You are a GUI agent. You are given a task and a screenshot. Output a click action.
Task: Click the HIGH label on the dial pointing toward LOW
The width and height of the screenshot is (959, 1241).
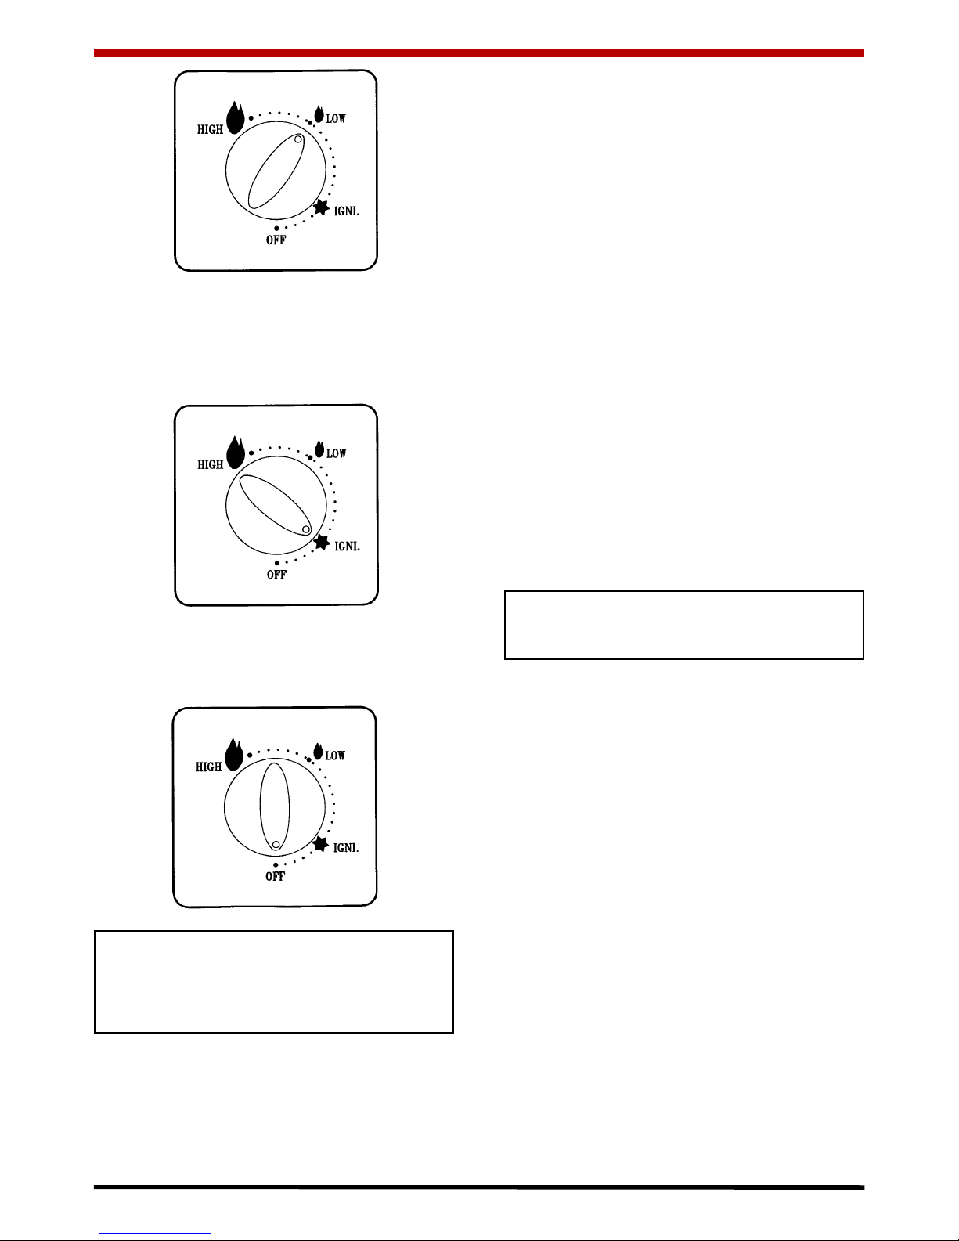[x=210, y=130]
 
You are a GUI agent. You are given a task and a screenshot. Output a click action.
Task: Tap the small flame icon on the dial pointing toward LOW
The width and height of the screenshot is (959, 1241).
[x=319, y=114]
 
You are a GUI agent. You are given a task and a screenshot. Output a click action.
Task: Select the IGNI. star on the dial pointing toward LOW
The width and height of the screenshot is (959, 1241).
[x=322, y=207]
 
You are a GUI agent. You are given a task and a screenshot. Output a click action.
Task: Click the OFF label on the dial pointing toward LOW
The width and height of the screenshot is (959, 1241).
[x=276, y=240]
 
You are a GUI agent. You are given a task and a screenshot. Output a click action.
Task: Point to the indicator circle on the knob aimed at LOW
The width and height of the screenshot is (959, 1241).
[x=298, y=139]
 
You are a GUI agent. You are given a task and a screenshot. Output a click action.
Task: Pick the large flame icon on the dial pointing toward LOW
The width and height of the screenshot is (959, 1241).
[x=235, y=117]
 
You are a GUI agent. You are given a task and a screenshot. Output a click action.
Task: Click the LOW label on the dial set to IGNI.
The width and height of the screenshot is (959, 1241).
[x=336, y=453]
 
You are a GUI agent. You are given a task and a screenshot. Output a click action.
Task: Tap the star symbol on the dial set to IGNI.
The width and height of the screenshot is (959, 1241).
[x=322, y=543]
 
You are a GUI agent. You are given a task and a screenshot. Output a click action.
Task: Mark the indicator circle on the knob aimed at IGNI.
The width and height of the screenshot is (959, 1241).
[x=306, y=530]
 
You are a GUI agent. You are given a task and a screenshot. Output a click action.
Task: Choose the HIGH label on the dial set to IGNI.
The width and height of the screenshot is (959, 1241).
[x=210, y=465]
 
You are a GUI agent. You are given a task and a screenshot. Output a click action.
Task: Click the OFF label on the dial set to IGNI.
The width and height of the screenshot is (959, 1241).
[x=276, y=575]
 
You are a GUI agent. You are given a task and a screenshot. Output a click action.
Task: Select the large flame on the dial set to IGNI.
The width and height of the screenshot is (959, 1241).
[x=236, y=453]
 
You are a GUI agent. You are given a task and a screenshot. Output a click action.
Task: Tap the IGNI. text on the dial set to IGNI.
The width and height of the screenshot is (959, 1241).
[x=347, y=547]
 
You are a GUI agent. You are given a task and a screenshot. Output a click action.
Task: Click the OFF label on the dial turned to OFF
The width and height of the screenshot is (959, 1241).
[x=275, y=877]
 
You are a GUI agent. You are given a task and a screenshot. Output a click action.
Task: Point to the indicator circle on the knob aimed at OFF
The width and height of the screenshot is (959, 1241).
[x=276, y=845]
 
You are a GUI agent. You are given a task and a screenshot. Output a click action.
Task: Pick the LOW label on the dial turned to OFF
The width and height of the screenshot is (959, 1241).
[x=335, y=755]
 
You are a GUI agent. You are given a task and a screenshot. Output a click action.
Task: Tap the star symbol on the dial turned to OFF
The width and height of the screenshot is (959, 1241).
[x=321, y=844]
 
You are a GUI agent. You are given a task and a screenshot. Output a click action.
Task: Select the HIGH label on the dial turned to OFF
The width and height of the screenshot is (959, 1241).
[x=208, y=767]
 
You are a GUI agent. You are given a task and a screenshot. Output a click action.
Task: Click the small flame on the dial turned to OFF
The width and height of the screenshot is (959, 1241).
[x=318, y=752]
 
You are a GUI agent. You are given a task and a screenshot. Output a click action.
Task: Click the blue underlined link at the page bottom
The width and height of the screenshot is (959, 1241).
[x=155, y=1233]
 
